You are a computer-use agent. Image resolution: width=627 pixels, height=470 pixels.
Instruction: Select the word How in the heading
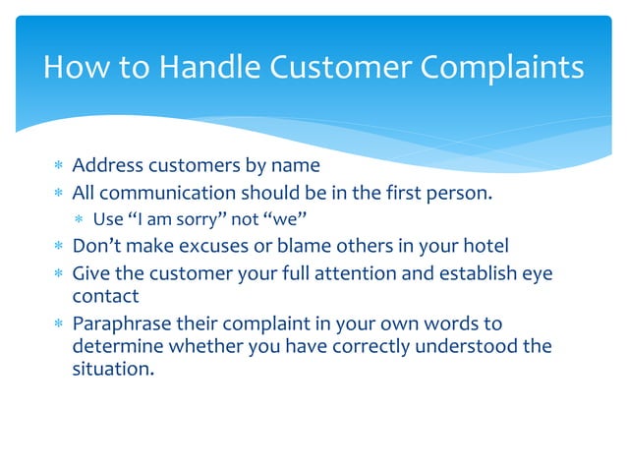click(74, 68)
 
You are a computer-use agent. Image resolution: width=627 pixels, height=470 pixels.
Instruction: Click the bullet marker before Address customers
click(59, 166)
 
